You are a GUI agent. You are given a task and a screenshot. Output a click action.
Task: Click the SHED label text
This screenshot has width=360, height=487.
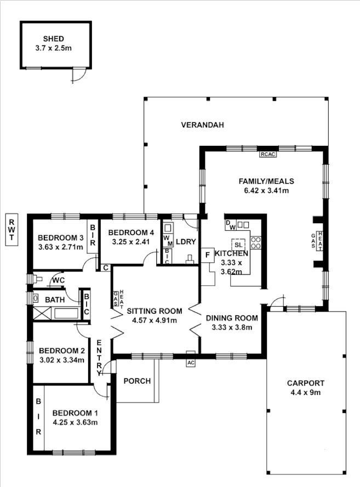pyautogui.click(x=54, y=39)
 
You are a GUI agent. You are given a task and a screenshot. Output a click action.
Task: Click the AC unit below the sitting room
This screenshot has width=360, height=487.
pyautogui.click(x=191, y=363)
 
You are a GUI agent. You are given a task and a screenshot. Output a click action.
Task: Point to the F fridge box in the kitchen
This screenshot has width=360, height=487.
pyautogui.click(x=208, y=254)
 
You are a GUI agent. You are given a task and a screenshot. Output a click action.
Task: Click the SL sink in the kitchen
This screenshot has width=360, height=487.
pyautogui.click(x=239, y=244)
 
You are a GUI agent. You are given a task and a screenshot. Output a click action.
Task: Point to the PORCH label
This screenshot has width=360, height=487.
pyautogui.click(x=136, y=381)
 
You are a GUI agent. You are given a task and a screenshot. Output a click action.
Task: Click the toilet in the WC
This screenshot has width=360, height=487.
pyautogui.click(x=36, y=279)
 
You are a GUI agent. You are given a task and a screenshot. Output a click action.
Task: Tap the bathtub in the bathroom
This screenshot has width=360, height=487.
pyautogui.click(x=61, y=314)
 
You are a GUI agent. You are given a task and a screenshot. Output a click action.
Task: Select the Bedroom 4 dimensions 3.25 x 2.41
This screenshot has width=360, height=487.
pyautogui.click(x=130, y=241)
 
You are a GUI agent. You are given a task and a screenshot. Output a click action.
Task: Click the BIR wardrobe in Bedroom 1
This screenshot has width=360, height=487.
pyautogui.click(x=38, y=417)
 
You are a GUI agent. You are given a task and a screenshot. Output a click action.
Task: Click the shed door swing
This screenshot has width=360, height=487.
pyautogui.click(x=78, y=76)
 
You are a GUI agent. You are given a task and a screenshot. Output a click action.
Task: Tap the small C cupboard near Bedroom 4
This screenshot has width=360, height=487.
pyautogui.click(x=105, y=268)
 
